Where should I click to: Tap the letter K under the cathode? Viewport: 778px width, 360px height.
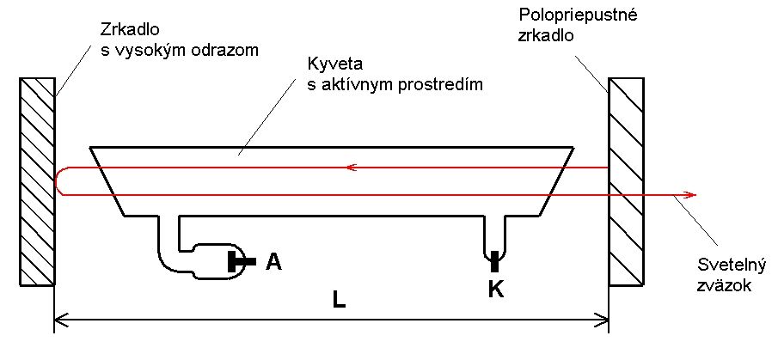click(495, 290)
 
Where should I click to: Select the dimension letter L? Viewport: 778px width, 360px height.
click(340, 300)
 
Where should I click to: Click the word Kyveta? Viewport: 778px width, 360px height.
click(329, 65)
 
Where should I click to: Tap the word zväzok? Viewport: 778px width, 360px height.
click(726, 285)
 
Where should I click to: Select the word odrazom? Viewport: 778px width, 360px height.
click(225, 50)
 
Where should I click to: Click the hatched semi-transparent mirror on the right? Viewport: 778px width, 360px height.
click(626, 181)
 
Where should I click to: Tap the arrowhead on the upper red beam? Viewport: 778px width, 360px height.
click(349, 168)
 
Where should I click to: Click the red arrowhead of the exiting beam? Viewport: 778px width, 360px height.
click(689, 195)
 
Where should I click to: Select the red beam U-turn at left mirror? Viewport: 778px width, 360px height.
click(58, 181)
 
